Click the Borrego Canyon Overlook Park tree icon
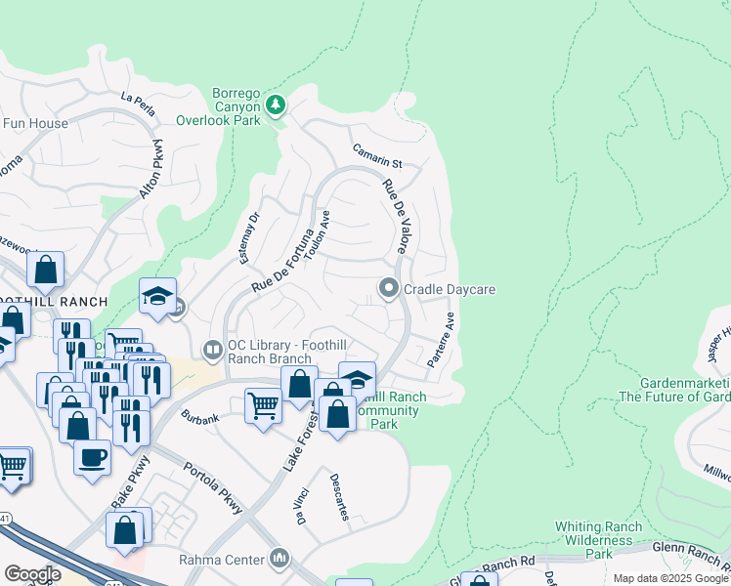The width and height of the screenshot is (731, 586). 276,104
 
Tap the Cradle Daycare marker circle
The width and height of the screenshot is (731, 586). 388,288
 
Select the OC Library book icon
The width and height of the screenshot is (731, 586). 211,349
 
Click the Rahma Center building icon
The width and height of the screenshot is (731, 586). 280,559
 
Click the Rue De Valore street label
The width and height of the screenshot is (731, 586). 395,218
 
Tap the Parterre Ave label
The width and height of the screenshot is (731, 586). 441,340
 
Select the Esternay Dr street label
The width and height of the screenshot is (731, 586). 250,238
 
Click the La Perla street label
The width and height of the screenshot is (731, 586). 138,103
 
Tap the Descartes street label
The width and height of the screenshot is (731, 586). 338,497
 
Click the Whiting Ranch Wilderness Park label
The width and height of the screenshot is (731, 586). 597,540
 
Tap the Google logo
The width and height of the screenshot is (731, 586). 31,574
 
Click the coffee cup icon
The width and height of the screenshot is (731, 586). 93,456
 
